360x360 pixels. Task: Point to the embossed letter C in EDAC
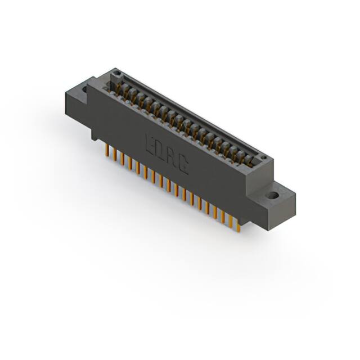pyautogui.click(x=183, y=165)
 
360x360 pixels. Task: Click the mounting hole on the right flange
pyautogui.click(x=272, y=196)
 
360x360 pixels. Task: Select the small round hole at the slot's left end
pyautogui.click(x=116, y=74)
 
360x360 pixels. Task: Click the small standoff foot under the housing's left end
pyautogui.click(x=94, y=136)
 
